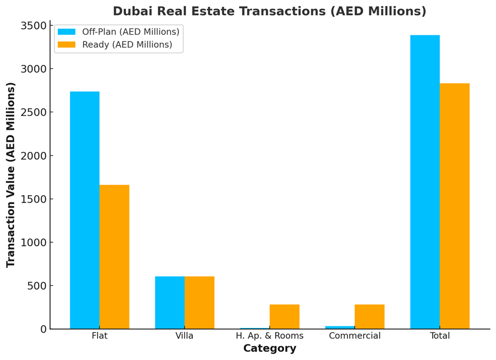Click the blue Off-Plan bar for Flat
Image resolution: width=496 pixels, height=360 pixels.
[x=85, y=210]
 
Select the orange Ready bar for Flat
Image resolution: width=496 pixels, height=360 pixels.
[x=114, y=257]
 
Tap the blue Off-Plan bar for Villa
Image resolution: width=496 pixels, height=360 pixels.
[x=170, y=302]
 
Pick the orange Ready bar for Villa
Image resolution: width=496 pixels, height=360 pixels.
[x=200, y=302]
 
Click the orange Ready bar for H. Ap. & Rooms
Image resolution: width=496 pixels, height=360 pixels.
[x=285, y=316]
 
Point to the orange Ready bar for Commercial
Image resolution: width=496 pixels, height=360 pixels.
[x=369, y=316]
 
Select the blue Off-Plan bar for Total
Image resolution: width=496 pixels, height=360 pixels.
[x=425, y=182]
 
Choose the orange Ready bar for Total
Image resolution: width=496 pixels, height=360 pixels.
[x=455, y=206]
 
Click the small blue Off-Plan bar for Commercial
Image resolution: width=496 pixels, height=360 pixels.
[x=340, y=327]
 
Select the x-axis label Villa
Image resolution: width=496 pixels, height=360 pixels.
[x=184, y=336]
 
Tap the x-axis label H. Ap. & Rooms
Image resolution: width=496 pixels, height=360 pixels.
[x=270, y=336]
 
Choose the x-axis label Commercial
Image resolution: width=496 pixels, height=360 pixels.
[x=355, y=336]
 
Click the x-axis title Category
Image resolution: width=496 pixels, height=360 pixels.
[x=270, y=349]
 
